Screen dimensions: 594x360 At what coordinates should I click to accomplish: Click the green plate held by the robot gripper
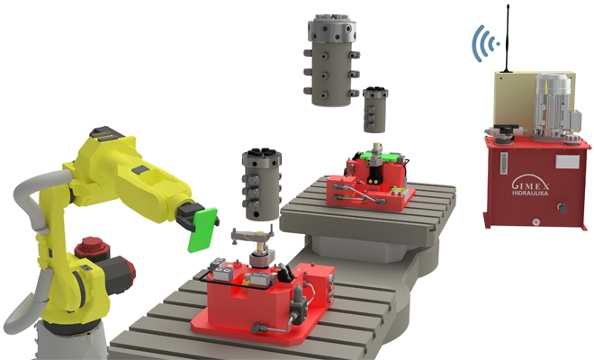[202, 230]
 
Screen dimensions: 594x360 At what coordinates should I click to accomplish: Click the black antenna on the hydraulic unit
[507, 39]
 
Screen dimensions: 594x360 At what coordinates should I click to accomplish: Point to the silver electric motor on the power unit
[551, 106]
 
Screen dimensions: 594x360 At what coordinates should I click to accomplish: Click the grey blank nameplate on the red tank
[567, 162]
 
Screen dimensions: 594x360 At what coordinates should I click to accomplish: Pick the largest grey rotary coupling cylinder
[331, 60]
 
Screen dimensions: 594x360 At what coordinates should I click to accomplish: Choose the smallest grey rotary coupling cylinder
[374, 110]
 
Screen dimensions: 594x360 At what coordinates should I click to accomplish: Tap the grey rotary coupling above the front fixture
[261, 184]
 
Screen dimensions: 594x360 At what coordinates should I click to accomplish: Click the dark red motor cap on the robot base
[90, 248]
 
